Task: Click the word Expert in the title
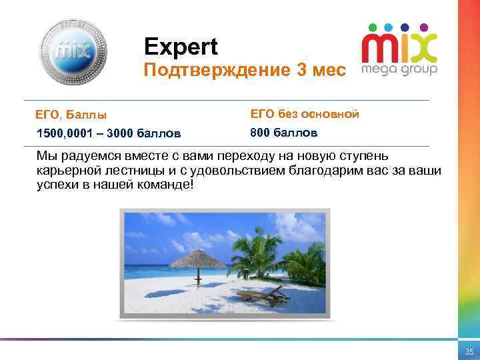click(181, 47)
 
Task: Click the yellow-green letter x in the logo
click(423, 49)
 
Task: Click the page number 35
click(469, 351)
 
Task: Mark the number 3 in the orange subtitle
click(302, 70)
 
